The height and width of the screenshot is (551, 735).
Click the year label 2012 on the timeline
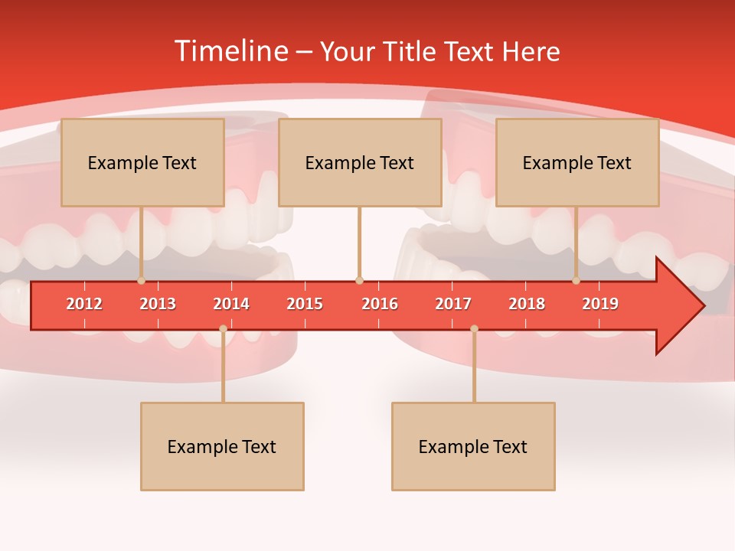click(84, 304)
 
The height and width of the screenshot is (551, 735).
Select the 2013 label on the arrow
click(158, 304)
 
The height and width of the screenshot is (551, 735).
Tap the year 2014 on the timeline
click(231, 304)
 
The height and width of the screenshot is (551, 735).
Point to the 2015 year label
click(305, 304)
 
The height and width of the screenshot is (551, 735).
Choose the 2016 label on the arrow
click(380, 304)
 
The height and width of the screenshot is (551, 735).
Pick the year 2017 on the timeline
click(453, 304)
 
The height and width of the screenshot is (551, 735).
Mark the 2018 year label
click(527, 304)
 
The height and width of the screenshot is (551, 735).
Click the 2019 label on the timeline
click(600, 304)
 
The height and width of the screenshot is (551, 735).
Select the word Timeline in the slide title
click(230, 51)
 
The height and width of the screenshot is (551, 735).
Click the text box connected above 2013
click(142, 162)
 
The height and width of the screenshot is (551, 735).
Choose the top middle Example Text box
click(360, 162)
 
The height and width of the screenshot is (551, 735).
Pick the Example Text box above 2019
click(577, 162)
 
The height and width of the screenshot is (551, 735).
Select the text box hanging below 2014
click(222, 446)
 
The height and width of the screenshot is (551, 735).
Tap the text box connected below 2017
click(473, 446)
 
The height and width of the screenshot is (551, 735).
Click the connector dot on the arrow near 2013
click(141, 281)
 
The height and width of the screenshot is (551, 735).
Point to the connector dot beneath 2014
click(223, 328)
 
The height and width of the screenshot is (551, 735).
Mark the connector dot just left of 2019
click(576, 281)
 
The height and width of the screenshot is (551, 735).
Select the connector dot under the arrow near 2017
click(474, 328)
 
